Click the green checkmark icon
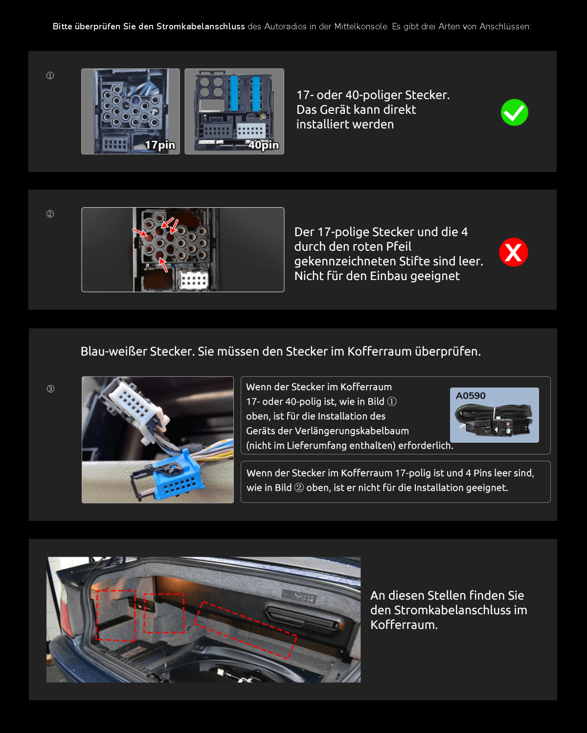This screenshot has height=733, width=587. click(x=514, y=112)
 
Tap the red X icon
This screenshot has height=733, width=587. click(x=513, y=252)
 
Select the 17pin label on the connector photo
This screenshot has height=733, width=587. click(x=160, y=145)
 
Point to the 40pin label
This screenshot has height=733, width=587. click(x=263, y=145)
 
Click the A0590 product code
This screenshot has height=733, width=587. click(x=471, y=396)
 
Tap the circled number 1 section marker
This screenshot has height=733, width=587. click(x=50, y=76)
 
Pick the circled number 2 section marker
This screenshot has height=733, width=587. click(x=50, y=214)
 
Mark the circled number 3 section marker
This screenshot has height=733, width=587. click(x=50, y=389)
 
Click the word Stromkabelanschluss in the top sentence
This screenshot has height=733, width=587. click(x=201, y=26)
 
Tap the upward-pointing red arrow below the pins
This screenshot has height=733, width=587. click(x=163, y=265)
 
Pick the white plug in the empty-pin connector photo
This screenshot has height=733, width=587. click(x=194, y=280)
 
